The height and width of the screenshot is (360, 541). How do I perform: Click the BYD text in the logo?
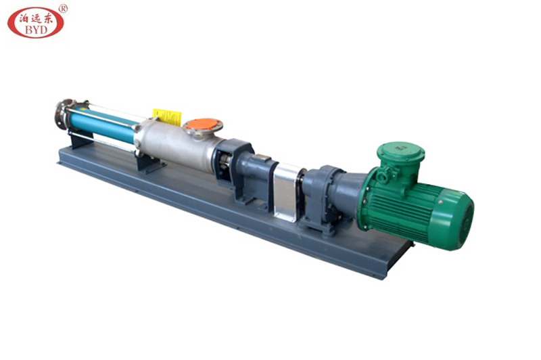point(36,30)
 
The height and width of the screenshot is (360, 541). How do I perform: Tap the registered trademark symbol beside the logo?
point(63,9)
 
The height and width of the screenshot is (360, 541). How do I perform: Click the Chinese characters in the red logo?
point(36,18)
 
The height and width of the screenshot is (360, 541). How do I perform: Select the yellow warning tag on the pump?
point(167,116)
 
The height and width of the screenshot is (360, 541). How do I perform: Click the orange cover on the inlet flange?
point(203,125)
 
